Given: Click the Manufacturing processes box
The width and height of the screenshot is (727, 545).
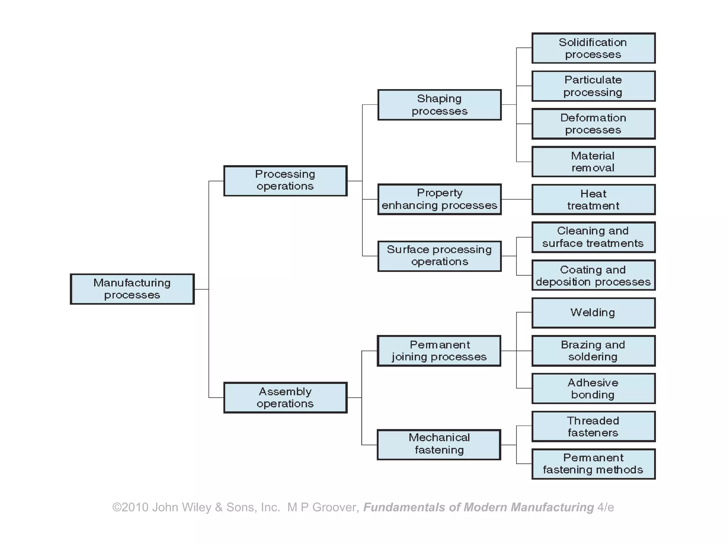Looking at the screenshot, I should (132, 289).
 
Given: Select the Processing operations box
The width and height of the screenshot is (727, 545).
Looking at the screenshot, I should (285, 181).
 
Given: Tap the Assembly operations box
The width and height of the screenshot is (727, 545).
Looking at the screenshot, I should (285, 397).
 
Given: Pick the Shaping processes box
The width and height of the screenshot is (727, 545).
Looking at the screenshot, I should (439, 105).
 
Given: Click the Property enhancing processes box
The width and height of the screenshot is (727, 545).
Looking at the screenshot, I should (439, 199).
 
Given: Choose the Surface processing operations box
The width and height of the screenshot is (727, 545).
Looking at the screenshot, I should (439, 256).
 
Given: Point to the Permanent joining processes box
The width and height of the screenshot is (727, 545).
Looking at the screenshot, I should (439, 351).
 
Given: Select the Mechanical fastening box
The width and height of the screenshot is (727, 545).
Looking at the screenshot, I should (439, 444).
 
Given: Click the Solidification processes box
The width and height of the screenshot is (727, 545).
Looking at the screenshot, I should (593, 48).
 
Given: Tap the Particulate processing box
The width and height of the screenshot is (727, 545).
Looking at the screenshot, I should (593, 86).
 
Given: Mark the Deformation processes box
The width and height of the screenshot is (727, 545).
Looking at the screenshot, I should (593, 124).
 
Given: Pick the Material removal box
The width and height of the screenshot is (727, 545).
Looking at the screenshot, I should (593, 162).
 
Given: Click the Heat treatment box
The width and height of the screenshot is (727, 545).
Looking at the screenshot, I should (593, 199).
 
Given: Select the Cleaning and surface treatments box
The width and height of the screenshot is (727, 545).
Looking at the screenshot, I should (593, 237).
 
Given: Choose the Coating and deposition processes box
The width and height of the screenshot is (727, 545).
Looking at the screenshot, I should (593, 275).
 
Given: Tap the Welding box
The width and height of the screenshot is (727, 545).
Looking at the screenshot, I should (593, 313).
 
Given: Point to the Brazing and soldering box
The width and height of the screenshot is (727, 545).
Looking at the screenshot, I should (593, 351).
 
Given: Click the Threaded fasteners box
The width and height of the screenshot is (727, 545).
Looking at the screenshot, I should (593, 426).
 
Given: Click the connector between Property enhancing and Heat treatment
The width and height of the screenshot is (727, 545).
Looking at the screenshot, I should (516, 199).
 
